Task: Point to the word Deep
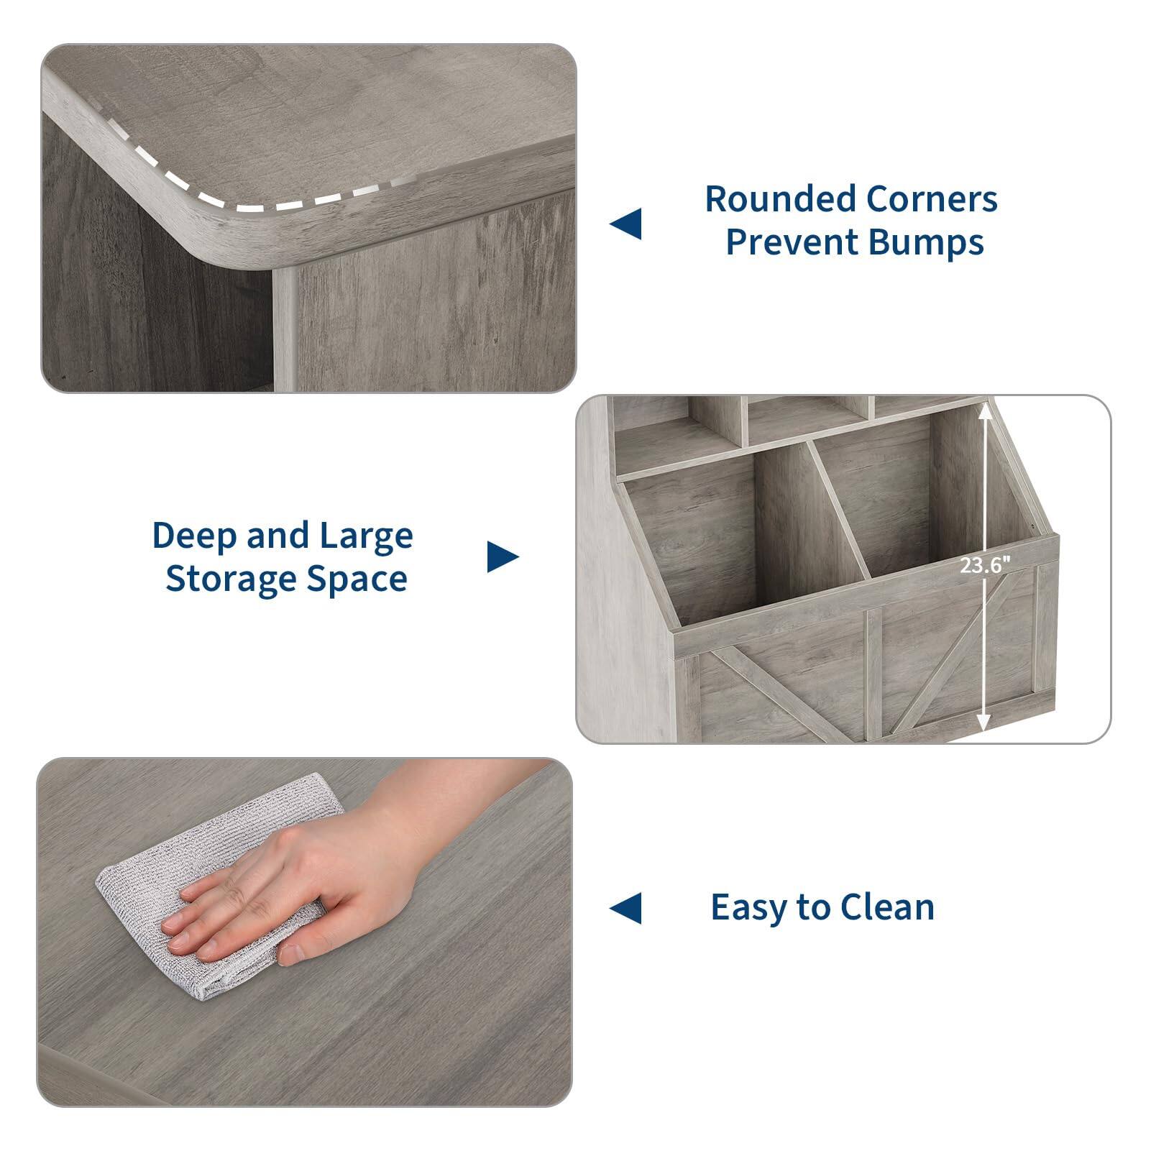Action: click(x=194, y=536)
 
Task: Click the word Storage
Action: click(x=231, y=579)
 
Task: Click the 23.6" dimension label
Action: click(x=984, y=566)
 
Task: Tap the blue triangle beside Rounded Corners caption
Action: click(x=626, y=224)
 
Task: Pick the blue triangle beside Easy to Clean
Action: click(x=626, y=908)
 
